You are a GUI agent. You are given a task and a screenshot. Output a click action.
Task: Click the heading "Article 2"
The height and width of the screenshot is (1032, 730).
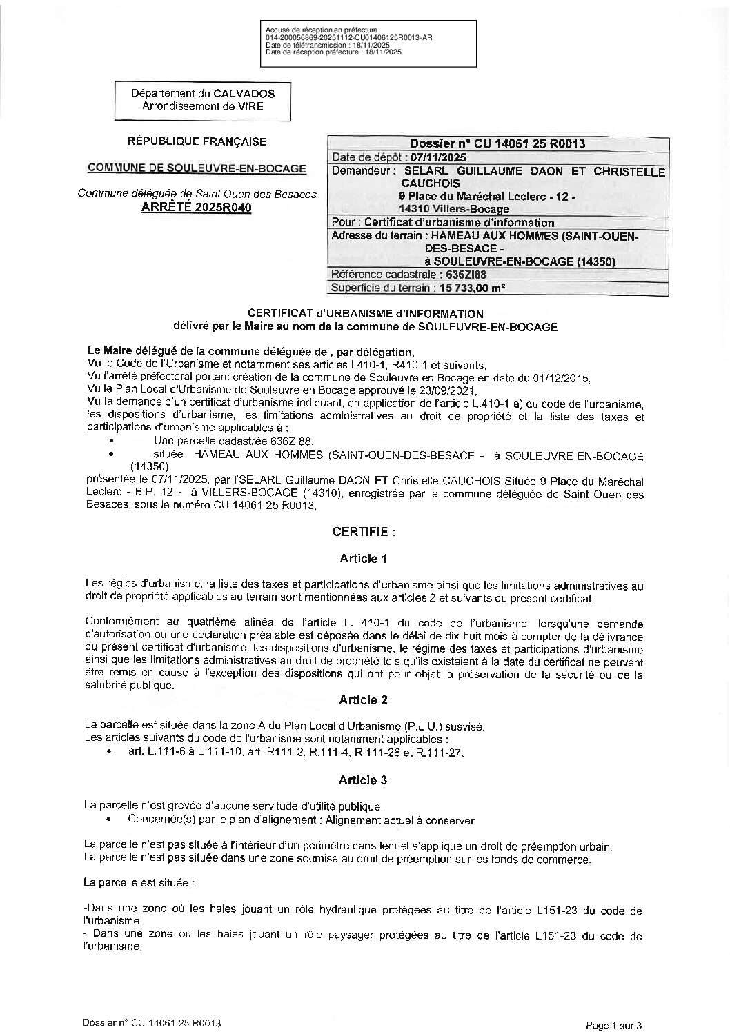tap(364, 700)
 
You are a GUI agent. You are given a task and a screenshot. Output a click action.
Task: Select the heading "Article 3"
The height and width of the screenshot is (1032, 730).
tap(364, 780)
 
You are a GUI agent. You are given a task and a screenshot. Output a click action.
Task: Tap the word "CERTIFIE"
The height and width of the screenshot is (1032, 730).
tap(361, 532)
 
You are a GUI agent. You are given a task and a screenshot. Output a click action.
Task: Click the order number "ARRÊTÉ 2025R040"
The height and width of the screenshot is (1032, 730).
tap(197, 208)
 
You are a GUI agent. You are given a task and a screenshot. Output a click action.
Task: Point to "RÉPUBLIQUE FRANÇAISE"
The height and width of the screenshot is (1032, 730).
tap(197, 142)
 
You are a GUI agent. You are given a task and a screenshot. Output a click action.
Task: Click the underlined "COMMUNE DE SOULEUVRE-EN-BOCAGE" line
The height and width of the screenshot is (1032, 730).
tap(197, 168)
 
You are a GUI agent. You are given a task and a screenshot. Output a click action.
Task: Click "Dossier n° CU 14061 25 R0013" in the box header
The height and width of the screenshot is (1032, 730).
tap(497, 144)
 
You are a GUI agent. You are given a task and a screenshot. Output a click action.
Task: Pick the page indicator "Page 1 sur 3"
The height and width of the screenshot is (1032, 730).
tap(613, 1025)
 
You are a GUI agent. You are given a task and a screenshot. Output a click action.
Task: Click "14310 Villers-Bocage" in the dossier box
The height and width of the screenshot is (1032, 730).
tap(454, 209)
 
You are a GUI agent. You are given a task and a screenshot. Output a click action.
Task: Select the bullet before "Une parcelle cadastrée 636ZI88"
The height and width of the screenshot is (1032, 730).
tap(112, 439)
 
